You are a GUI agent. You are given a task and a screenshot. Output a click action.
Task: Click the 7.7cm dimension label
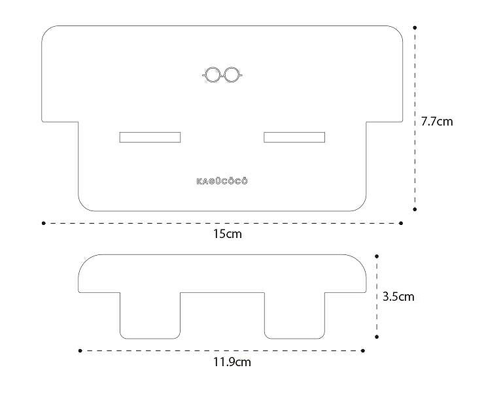pos(437,122)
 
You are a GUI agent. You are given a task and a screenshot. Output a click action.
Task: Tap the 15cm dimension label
pos(227,234)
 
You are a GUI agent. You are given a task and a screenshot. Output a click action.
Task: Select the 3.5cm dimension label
pos(398,297)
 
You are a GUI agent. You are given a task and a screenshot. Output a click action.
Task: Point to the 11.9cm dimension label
pos(232,362)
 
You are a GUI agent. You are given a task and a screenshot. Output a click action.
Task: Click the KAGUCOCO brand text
pos(222,181)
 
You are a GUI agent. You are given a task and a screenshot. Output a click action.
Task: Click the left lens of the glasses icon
pos(213,75)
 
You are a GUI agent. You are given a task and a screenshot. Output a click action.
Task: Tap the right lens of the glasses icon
pos(232,75)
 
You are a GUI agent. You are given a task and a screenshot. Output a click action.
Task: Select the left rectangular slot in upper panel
pos(150,137)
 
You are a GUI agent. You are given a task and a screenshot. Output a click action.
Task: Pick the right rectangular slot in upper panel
pos(294,137)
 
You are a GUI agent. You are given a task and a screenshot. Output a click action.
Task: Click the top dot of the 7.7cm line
pos(415,27)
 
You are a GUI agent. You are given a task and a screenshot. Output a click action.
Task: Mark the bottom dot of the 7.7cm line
pos(415,209)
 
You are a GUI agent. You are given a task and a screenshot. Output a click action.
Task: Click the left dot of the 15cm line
pos(44,223)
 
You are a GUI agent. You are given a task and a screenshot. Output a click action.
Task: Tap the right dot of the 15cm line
pos(401,223)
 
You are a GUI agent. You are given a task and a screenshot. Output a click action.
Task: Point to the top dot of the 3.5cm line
pos(377,256)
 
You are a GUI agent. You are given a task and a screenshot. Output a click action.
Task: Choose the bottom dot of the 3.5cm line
pos(377,337)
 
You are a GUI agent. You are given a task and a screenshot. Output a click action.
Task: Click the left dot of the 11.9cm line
pos(80,350)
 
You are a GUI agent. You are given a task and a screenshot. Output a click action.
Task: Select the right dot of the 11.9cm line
pos(363,350)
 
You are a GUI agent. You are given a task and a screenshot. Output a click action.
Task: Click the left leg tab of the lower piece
pos(150,315)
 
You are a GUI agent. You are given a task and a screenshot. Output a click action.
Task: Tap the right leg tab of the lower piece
pos(294,315)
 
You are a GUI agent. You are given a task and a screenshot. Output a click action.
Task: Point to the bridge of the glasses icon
pos(222,75)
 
